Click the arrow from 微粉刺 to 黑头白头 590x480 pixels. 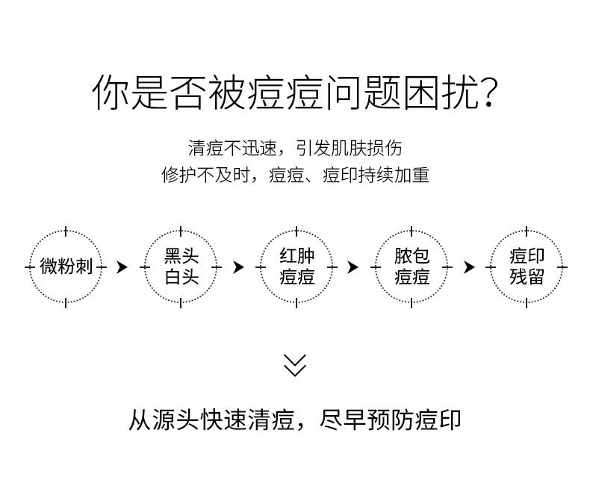point(122,267)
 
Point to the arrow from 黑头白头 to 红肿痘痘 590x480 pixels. point(238,267)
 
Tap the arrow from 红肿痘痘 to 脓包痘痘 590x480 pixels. point(353,267)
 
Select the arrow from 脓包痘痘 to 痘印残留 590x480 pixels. point(469,267)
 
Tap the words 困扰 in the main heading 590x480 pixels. point(441,93)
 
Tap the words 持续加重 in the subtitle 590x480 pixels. point(394,175)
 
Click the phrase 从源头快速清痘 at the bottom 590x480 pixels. point(211,420)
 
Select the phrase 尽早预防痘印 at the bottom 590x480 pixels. point(391,420)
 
